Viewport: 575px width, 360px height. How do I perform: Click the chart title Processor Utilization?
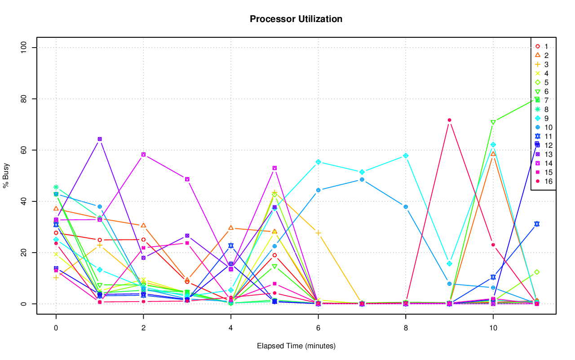point(296,19)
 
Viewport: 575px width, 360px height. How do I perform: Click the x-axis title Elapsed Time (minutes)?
point(296,346)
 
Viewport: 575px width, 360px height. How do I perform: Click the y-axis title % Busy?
point(6,176)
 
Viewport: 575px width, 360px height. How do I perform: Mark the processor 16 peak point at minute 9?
point(449,120)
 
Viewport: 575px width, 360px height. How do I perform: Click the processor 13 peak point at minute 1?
point(100,139)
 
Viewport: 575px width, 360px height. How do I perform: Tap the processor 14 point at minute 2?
point(143,155)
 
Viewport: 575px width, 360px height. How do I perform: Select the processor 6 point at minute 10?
point(493,122)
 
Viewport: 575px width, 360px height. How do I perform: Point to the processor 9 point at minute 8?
point(406,156)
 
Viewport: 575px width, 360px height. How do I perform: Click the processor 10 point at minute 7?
point(362,179)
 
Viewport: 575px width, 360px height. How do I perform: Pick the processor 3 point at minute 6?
point(318,233)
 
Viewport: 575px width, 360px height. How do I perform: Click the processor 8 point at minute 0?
point(56,187)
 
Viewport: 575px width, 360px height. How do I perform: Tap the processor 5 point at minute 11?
point(537,272)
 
